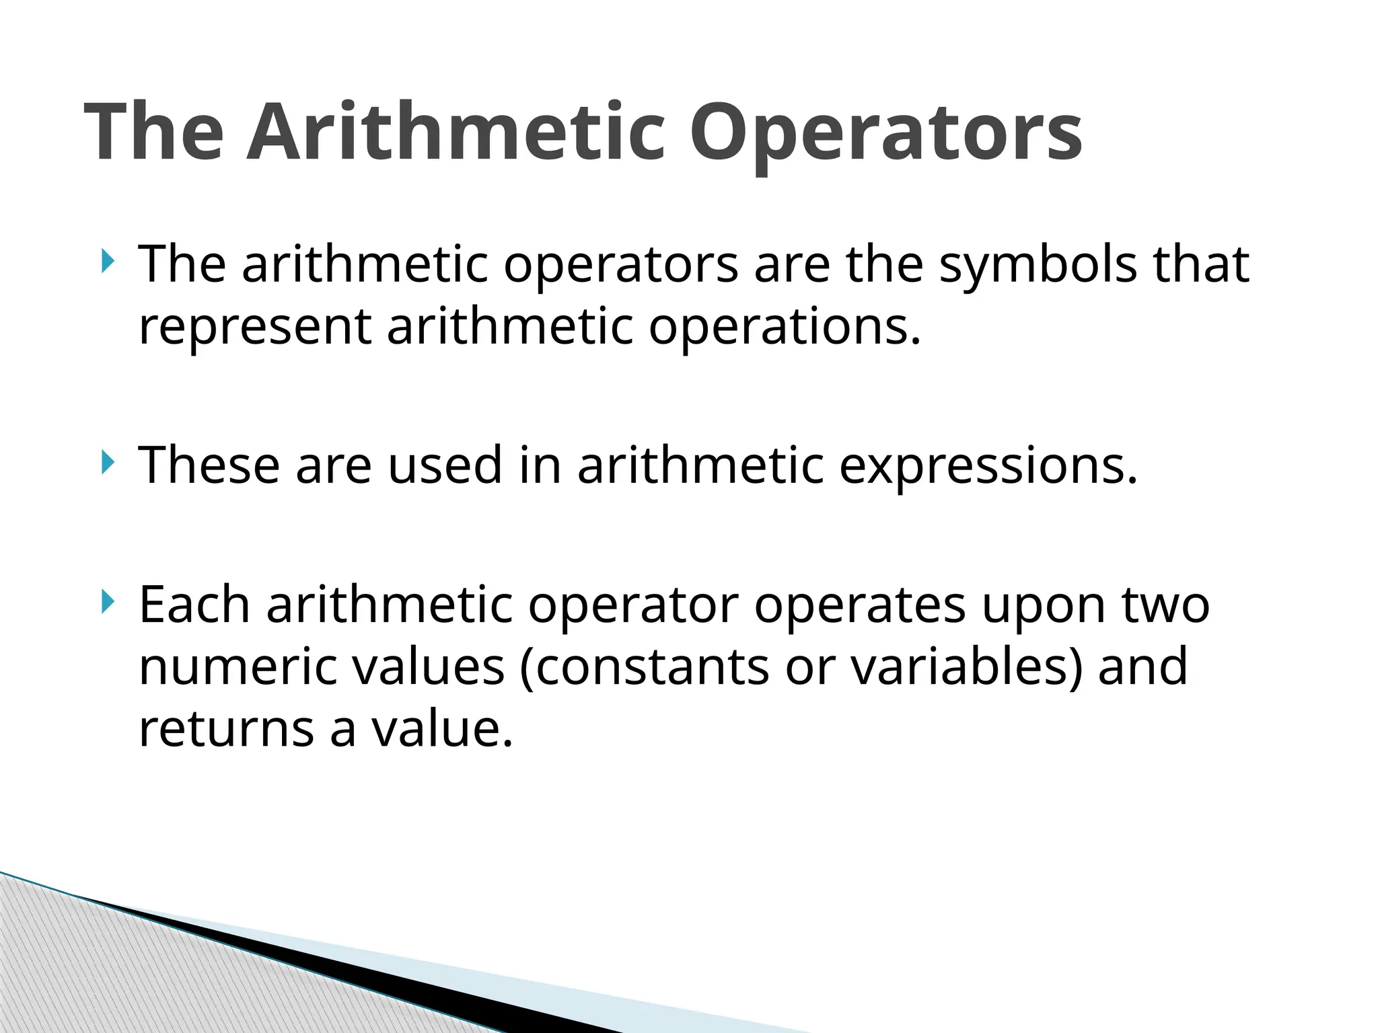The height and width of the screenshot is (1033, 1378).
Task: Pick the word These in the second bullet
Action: click(209, 465)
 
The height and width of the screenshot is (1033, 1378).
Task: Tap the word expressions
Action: click(988, 466)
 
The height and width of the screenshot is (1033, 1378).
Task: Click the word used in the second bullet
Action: click(445, 465)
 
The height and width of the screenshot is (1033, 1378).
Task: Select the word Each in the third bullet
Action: click(194, 605)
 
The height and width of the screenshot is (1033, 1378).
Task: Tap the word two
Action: click(1166, 605)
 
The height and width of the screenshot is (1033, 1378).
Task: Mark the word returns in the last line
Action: click(226, 729)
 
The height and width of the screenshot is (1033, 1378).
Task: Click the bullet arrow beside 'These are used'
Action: click(106, 462)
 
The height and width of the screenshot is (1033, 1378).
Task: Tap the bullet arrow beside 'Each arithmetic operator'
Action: click(106, 601)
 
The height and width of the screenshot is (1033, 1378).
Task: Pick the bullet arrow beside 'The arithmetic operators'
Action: click(106, 260)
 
